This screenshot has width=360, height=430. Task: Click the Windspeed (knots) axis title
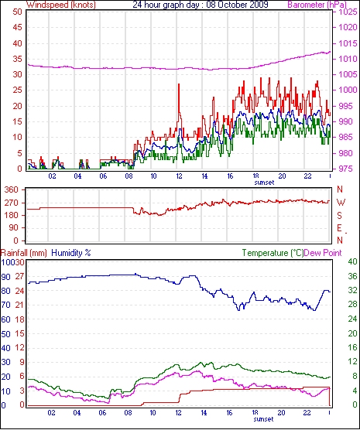pos(61,5)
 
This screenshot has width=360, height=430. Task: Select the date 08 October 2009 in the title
pos(237,5)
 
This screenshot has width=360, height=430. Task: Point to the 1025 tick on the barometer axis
pos(348,12)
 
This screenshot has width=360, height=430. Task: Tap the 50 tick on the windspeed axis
pos(17,12)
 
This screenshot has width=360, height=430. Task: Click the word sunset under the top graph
pos(264,183)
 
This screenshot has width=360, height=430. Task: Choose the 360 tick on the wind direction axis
pos(12,189)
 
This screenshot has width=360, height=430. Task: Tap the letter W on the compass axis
pos(341,203)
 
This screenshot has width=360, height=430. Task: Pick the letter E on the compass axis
pos(340,228)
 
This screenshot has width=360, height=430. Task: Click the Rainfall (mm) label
pos(24,253)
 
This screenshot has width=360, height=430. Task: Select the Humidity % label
pos(71,253)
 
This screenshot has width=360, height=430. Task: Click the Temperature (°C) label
pos(273,253)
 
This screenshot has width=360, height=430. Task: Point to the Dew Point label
pos(323,253)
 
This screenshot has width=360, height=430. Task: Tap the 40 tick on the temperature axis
pos(352,262)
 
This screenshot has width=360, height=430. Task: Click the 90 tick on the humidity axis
pos(6,277)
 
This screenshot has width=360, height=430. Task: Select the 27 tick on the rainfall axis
pos(19,276)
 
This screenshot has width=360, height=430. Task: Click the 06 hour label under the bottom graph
pos(102,412)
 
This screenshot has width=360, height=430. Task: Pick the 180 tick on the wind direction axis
pos(12,215)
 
